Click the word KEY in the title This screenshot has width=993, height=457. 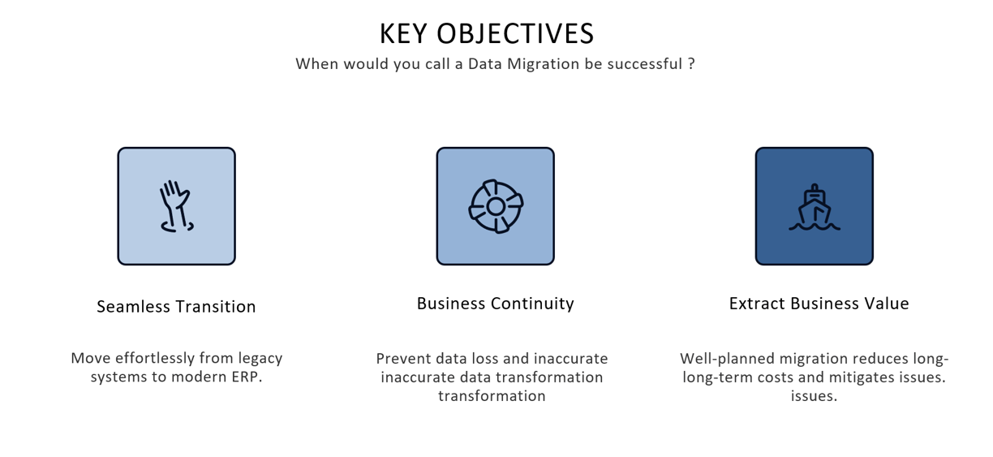pyautogui.click(x=403, y=34)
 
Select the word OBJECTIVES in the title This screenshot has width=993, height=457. pyautogui.click(x=515, y=34)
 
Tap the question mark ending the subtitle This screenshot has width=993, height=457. pyautogui.click(x=691, y=63)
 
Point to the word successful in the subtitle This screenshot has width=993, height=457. pyautogui.click(x=645, y=63)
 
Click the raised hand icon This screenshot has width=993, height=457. pyautogui.click(x=176, y=206)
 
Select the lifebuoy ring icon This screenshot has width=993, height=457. pyautogui.click(x=496, y=206)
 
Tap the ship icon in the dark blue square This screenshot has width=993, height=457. pyautogui.click(x=815, y=207)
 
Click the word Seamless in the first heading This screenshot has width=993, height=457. pyautogui.click(x=133, y=307)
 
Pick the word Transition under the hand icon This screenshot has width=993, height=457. pyautogui.click(x=216, y=307)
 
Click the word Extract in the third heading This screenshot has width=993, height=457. pyautogui.click(x=757, y=304)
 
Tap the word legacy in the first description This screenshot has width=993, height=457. pyautogui.click(x=260, y=359)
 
